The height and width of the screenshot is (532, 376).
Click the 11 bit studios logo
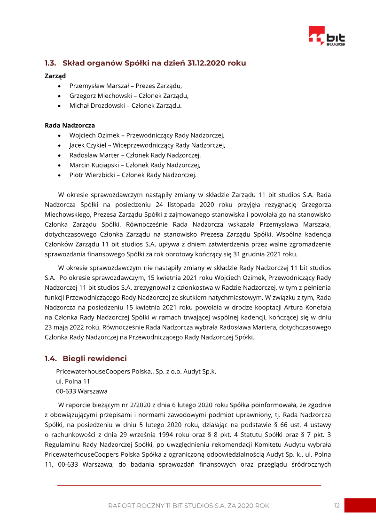(327, 36)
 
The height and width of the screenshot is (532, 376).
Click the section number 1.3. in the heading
(51, 63)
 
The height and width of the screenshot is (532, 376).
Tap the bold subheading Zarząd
(55, 75)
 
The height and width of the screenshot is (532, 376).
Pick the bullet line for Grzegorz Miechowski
(129, 95)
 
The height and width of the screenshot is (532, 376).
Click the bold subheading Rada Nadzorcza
(70, 126)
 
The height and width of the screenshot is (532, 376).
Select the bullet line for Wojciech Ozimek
(147, 135)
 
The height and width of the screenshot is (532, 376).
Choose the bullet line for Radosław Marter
(135, 155)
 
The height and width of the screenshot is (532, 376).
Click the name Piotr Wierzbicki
(91, 175)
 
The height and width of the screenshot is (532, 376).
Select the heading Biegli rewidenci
(94, 359)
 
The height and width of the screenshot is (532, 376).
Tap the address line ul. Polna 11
(73, 381)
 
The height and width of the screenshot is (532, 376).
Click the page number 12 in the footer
(337, 505)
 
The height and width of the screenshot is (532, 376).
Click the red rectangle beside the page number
(360, 505)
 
